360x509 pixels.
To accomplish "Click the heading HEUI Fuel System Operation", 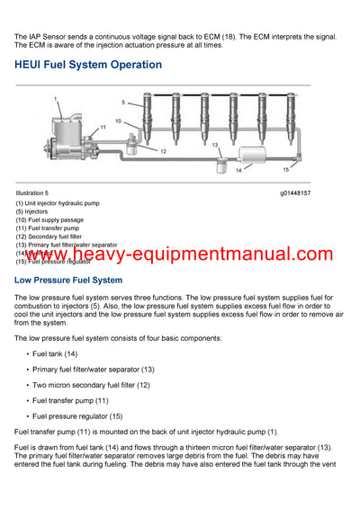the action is pos(88,65).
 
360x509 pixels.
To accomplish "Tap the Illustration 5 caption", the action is pos(32,193).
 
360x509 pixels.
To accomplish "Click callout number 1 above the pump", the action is pos(55,97).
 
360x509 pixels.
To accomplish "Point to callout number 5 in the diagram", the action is pos(122,103).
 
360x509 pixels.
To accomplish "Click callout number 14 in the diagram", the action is pos(238,169).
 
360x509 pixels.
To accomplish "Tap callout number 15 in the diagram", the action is pos(286,168).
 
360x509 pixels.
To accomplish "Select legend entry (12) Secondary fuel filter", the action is pos(57,237).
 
